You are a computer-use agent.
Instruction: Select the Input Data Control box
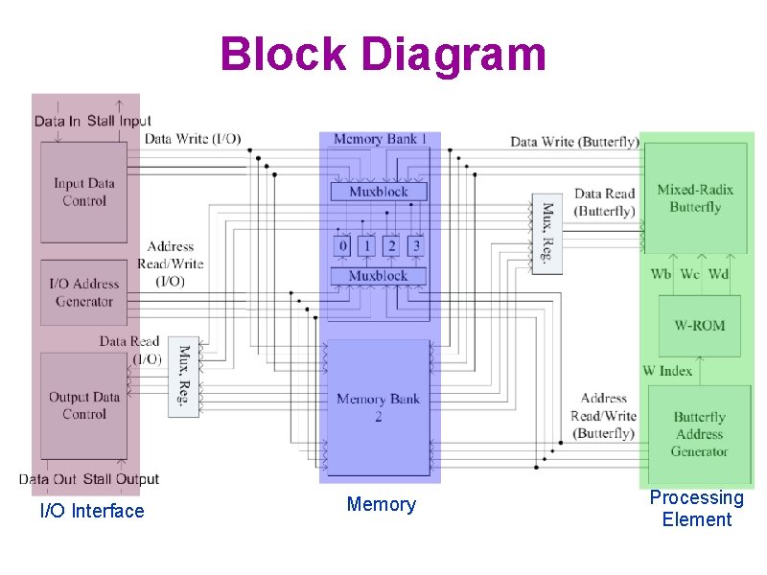click(84, 192)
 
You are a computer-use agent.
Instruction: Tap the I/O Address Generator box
click(84, 292)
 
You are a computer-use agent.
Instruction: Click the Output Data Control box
click(84, 405)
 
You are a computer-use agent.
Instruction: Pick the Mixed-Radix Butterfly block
click(695, 198)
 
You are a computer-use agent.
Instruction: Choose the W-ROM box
click(699, 326)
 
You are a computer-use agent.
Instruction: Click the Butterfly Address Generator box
click(699, 434)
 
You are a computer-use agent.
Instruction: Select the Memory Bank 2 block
click(379, 407)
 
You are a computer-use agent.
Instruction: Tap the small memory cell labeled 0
click(342, 246)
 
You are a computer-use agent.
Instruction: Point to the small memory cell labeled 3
click(415, 246)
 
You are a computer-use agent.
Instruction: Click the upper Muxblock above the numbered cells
click(378, 192)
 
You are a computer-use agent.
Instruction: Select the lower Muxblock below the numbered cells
click(378, 276)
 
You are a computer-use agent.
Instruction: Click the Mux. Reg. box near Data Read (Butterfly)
click(546, 234)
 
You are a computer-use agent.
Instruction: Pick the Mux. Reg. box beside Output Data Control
click(183, 376)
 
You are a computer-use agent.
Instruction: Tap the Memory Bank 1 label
click(381, 139)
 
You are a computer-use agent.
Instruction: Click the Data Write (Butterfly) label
click(573, 142)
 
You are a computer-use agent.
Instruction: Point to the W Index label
click(667, 370)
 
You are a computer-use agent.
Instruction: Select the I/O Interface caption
click(92, 511)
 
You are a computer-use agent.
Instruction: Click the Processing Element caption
click(696, 509)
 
